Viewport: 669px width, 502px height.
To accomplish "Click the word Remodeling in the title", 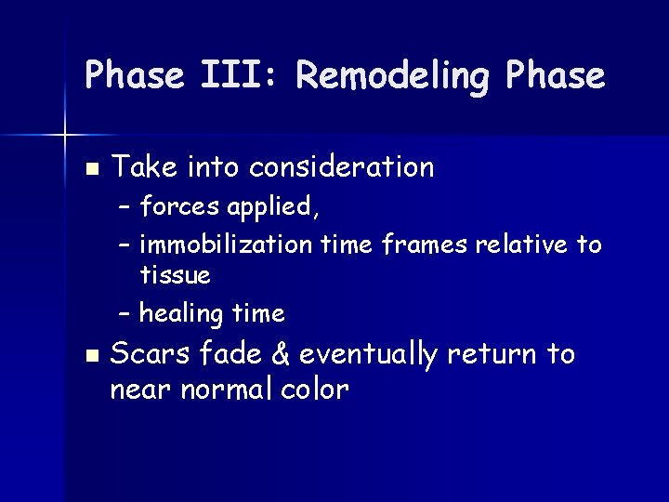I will click(391, 75).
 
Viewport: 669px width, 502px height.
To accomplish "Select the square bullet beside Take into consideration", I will click(89, 169).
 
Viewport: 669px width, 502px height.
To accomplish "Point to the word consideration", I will click(343, 167).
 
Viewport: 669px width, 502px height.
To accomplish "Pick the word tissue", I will click(175, 275).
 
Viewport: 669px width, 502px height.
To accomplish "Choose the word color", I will click(314, 390).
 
